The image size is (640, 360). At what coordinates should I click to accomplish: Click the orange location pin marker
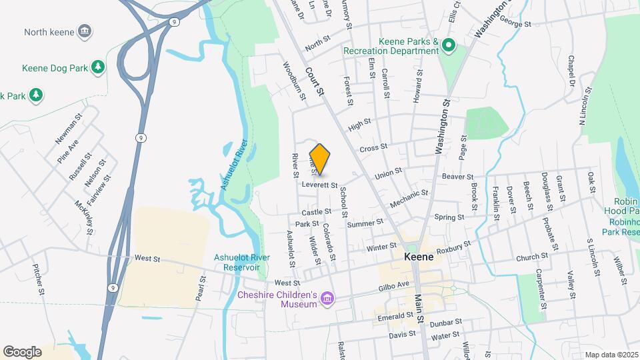pos(320,159)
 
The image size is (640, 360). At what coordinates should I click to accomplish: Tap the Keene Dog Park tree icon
pos(98,67)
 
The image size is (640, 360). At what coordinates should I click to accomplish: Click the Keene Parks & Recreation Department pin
pos(449,46)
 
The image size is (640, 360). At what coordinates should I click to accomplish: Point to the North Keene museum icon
pos(85,31)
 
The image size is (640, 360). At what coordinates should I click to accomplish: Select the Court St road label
pos(315,81)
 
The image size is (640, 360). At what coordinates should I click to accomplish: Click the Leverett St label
pos(320,184)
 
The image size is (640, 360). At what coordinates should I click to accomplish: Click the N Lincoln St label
pos(585,107)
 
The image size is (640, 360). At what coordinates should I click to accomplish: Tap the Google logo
pos(22,351)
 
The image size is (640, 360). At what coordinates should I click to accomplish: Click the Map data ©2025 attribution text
pos(611,355)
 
